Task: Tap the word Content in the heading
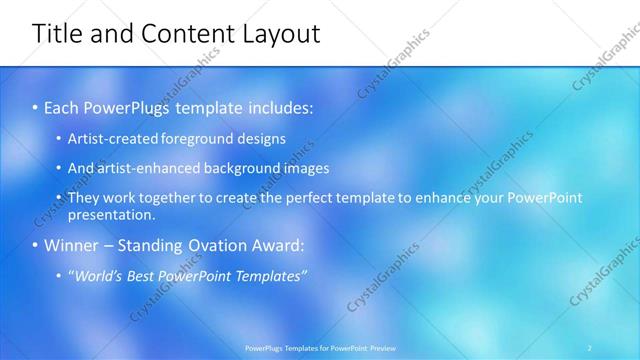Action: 182,34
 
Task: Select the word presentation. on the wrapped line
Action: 111,214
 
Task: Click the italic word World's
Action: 100,276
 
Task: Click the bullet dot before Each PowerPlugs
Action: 36,107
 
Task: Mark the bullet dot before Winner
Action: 36,245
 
